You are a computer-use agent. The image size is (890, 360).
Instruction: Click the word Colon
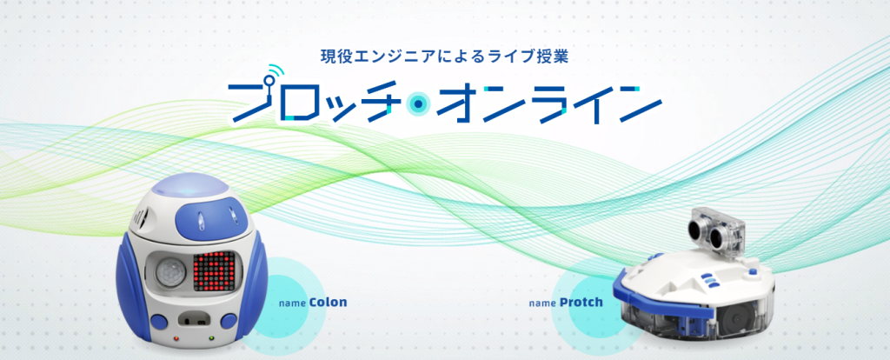[x=328, y=302]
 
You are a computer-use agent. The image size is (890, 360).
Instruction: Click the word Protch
[x=581, y=302]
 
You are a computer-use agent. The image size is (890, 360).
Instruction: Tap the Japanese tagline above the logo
[x=444, y=57]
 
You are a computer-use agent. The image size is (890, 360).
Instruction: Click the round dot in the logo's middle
[x=418, y=104]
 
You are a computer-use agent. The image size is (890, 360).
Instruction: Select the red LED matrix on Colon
[x=214, y=271]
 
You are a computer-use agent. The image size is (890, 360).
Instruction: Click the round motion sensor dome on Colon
[x=169, y=272]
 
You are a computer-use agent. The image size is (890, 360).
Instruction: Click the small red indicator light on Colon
[x=176, y=339]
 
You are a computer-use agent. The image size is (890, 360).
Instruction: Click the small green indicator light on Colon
[x=211, y=339]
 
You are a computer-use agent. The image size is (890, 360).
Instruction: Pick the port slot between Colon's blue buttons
[x=194, y=320]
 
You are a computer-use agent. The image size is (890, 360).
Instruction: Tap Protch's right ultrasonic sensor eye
[x=716, y=234]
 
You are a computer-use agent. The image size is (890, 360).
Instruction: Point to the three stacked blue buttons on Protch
[x=709, y=280]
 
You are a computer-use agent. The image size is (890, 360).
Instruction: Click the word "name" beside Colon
[x=293, y=303]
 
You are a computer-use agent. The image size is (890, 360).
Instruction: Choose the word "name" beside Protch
[x=542, y=303]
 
